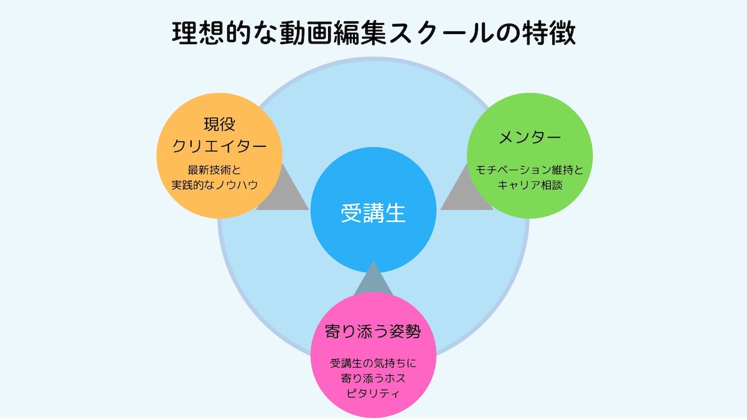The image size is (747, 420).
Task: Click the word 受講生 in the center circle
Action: point(373,213)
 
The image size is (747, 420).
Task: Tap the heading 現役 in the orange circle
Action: point(218,124)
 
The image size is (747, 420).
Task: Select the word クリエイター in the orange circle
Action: point(218,147)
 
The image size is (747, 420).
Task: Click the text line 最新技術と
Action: point(218,169)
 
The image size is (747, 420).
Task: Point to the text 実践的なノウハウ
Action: point(218,185)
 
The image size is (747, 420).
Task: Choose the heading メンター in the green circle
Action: point(530,138)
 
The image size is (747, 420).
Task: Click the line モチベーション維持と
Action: point(530,169)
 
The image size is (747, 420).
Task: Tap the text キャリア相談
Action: point(530,185)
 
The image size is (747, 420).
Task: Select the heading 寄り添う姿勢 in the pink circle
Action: point(373,331)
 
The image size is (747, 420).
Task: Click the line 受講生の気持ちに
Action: point(373,363)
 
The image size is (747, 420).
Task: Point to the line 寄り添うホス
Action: point(373,378)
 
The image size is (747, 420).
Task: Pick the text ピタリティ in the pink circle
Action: point(373,393)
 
